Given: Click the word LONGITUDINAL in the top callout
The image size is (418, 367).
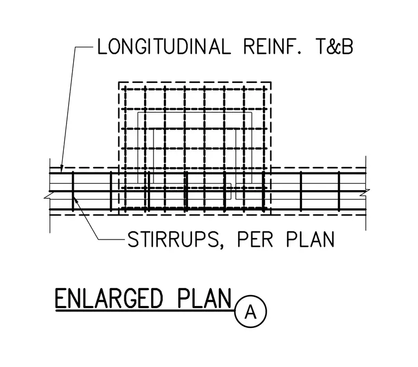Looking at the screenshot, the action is coord(164,47).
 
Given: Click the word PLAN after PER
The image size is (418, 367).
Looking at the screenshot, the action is coord(311,239).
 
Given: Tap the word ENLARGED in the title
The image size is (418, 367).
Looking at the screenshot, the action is coord(109,298).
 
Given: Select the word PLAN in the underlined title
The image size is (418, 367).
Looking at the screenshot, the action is coord(204,298).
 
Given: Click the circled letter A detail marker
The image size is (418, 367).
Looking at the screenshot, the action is coord(251,311).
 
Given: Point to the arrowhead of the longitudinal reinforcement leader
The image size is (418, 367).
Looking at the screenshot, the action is coord(61,170).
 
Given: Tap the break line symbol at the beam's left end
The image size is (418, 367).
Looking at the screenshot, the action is coord(48,194).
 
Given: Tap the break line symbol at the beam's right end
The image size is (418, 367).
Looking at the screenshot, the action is coord(365,193).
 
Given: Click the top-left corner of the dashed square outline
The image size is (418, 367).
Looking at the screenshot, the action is coord(119,82).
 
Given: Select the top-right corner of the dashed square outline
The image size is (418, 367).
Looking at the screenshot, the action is coord(271,82).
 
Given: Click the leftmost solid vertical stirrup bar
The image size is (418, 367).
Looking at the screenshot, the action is coord(73,192).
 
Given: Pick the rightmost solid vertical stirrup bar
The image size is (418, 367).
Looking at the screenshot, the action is coord(339,192).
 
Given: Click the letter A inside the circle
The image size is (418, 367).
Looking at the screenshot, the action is coord(251,312).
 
